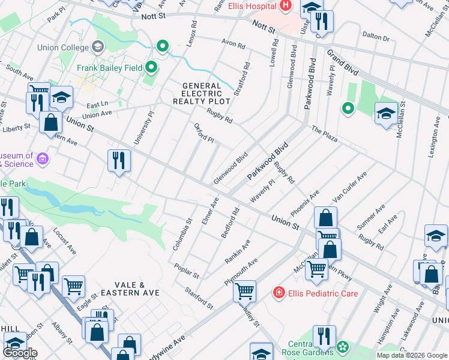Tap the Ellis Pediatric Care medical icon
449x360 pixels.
(279, 293)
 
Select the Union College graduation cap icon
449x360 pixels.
(97, 47)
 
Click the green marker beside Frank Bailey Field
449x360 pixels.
(151, 67)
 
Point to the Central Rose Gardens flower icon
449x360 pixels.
(342, 347)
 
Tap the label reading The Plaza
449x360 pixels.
(324, 133)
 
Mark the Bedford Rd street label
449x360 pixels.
(231, 223)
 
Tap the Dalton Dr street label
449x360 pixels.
(376, 37)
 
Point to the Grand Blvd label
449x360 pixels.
(342, 62)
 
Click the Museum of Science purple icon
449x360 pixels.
(42, 159)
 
